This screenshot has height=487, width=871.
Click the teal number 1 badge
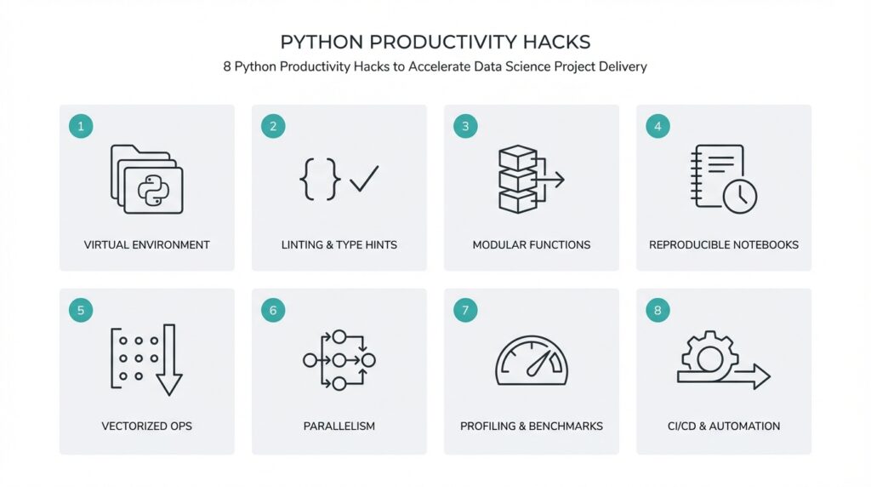(x=81, y=127)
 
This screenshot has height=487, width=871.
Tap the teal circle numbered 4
(x=658, y=127)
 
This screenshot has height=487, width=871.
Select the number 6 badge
(x=273, y=311)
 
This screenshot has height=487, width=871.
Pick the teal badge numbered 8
(x=658, y=311)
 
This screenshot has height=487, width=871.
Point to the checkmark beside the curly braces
(x=364, y=179)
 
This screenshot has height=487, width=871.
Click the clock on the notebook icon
(x=739, y=195)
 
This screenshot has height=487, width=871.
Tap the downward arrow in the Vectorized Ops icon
(x=169, y=360)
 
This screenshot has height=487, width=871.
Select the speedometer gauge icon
(x=532, y=361)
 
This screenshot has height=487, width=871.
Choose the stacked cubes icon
(x=518, y=179)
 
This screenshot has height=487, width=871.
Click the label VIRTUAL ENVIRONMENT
(x=147, y=245)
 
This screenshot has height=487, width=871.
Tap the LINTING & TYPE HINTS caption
(x=339, y=245)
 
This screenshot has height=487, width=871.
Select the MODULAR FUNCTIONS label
(x=532, y=245)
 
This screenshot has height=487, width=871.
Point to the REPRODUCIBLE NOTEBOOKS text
(x=724, y=245)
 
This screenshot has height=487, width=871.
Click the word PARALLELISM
(x=339, y=426)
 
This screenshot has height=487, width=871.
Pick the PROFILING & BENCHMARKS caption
(x=532, y=426)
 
